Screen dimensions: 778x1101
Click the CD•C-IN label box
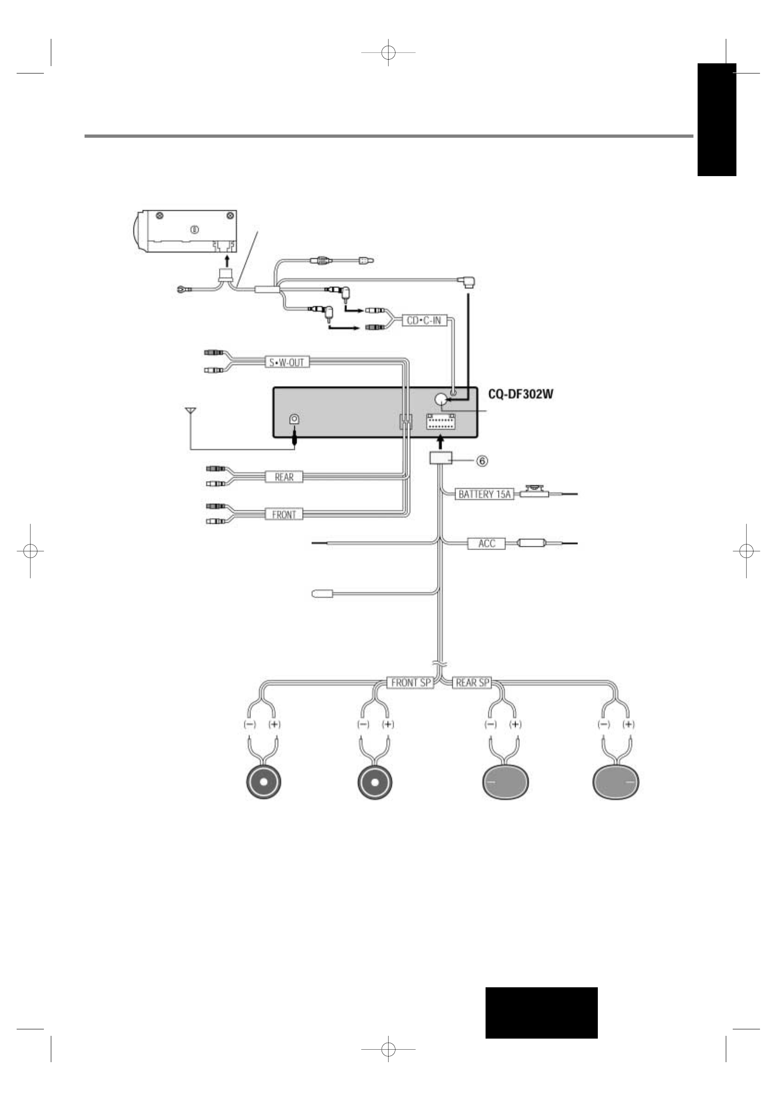(424, 320)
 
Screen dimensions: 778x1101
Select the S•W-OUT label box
(287, 362)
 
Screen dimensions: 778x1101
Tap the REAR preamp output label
(284, 477)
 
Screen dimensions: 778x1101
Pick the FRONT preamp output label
(284, 514)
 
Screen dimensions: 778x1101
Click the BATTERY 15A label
(484, 494)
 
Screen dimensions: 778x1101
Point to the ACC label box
(486, 543)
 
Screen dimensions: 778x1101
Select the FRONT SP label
(410, 682)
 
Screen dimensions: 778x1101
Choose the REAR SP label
(472, 682)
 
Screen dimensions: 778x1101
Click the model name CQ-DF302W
(521, 395)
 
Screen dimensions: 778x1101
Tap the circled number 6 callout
(482, 460)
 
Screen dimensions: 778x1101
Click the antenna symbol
(190, 411)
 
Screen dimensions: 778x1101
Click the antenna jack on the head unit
(294, 419)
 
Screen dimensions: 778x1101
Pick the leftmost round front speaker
(264, 782)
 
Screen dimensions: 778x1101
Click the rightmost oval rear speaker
(615, 782)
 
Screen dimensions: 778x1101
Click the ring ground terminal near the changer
(182, 289)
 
